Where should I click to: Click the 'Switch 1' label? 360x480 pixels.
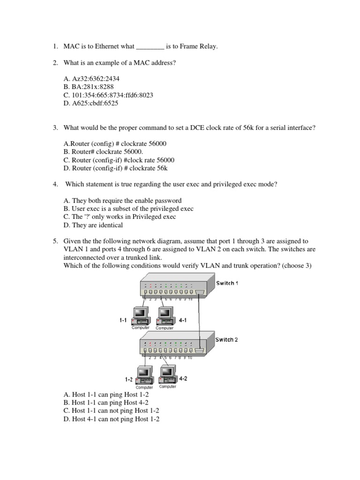(x=227, y=284)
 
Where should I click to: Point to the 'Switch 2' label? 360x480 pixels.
(x=227, y=339)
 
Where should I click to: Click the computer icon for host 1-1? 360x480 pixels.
(x=140, y=316)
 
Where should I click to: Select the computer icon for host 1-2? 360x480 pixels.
(x=144, y=375)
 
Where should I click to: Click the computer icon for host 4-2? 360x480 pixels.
(x=168, y=375)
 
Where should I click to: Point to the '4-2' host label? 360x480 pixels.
(x=183, y=379)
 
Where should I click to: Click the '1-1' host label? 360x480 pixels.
(x=123, y=320)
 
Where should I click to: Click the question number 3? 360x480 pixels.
(x=55, y=128)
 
